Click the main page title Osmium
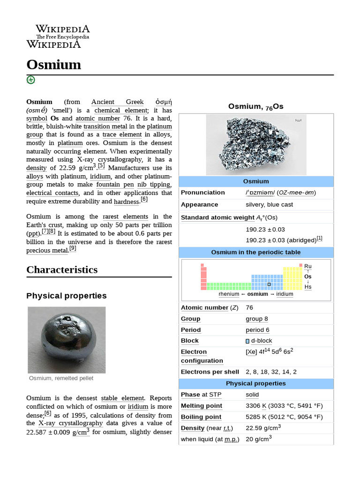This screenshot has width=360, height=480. coord(53,64)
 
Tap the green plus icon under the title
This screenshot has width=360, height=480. coord(30,80)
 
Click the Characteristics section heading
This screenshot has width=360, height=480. coord(62,270)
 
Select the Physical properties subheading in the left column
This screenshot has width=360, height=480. coord(66,296)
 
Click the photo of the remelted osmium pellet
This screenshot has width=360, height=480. coord(66,339)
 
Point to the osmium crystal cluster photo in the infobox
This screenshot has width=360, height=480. coord(256,145)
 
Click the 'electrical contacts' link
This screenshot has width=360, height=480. coord(52,193)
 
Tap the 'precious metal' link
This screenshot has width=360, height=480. coord(47,250)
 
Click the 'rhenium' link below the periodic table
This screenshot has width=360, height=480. coord(229,294)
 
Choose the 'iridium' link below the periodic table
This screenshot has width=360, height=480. coord(285,294)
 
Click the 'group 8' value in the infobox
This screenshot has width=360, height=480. coord(257,319)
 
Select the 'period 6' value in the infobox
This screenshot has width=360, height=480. coord(257,330)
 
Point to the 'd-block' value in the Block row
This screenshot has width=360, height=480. coord(261,341)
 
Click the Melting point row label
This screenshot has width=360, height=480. coord(202,406)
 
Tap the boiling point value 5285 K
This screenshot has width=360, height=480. coord(256,417)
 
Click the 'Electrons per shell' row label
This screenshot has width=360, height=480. coord(210,372)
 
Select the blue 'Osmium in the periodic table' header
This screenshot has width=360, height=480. coord(255,252)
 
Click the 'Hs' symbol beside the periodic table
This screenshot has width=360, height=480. coord(307,287)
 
